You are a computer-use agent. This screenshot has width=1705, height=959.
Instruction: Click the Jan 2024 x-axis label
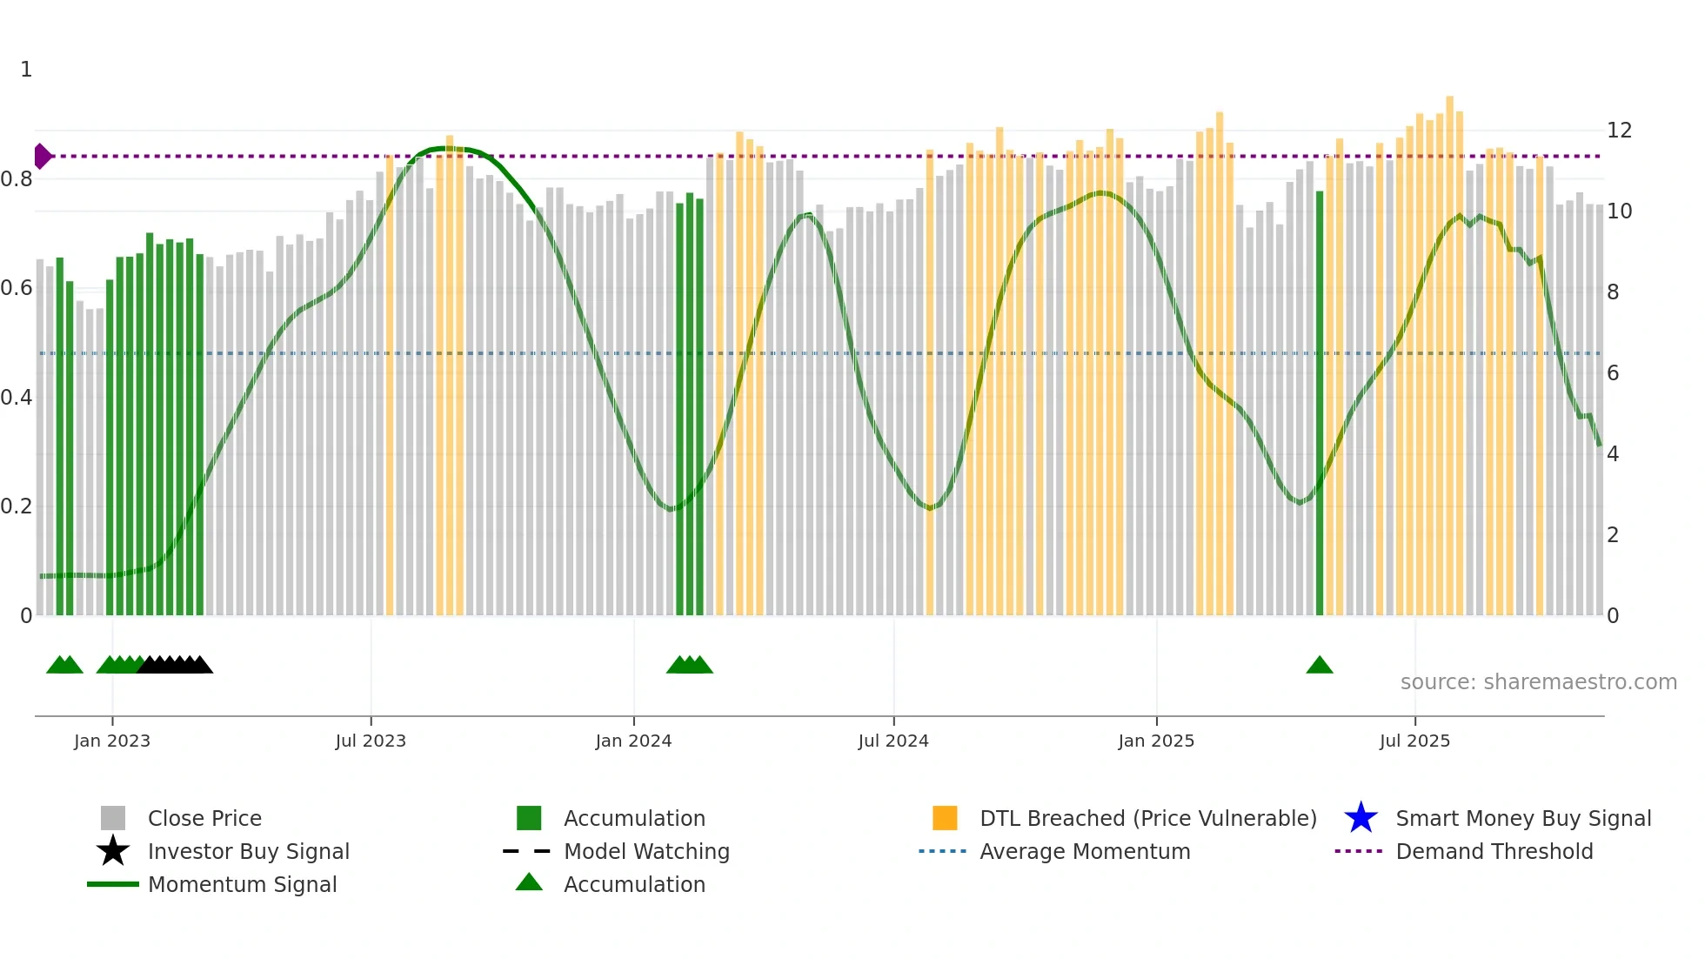[633, 741]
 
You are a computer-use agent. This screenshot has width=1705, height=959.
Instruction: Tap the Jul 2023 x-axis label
[371, 741]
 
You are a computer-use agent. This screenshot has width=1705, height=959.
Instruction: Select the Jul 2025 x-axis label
[1414, 741]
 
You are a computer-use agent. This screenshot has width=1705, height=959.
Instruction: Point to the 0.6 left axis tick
[17, 288]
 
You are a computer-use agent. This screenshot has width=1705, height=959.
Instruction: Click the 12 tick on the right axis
[1619, 131]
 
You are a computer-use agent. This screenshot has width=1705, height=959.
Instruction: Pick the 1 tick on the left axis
[26, 70]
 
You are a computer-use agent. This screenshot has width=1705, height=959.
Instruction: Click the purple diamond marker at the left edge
[42, 157]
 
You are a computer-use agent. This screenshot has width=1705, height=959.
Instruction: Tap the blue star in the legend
[1361, 818]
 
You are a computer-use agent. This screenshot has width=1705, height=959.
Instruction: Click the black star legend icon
[113, 851]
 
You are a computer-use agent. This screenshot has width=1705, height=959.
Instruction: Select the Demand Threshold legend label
[1494, 851]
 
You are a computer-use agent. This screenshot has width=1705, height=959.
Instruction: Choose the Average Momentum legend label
[1084, 851]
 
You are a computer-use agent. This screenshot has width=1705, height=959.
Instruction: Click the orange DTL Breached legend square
[945, 818]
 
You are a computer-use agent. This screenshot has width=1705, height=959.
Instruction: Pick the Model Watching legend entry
[645, 851]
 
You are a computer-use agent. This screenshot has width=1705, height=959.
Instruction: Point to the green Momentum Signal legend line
[113, 884]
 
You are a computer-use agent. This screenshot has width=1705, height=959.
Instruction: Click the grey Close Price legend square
[113, 818]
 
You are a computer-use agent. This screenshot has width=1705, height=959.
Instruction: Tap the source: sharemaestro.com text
[1538, 682]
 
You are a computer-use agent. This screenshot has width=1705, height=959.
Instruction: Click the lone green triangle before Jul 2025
[1319, 666]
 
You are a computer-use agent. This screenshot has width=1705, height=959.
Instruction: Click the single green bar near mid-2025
[1320, 400]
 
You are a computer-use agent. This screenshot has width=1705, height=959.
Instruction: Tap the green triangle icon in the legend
[529, 882]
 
